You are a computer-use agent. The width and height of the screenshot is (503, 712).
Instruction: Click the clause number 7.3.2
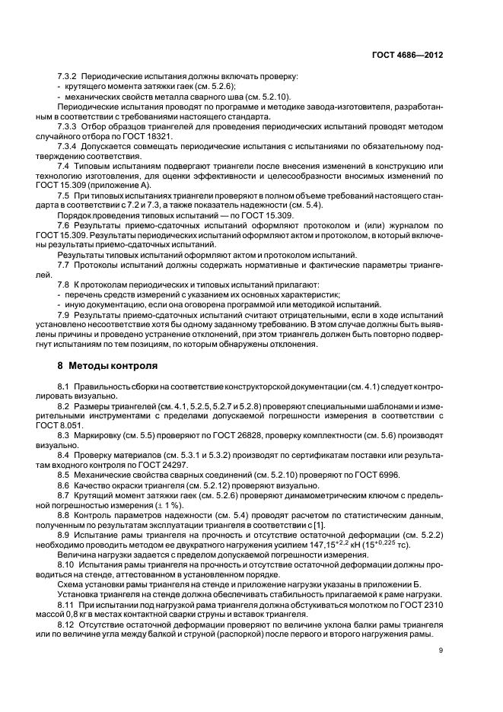tap(68, 76)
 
